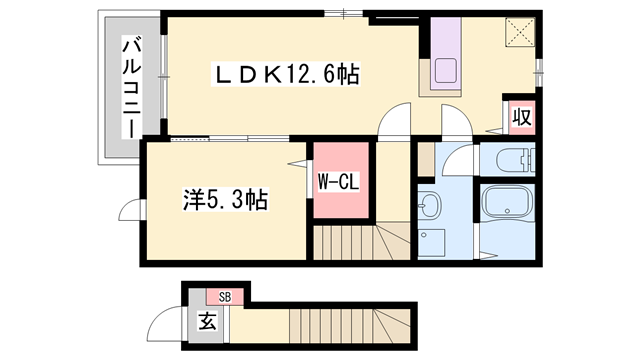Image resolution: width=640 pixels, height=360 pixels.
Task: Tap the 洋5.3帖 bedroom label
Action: coord(225,200)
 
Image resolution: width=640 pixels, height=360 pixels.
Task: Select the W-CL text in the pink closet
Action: coord(341,182)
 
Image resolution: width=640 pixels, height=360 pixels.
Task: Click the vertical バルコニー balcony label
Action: coord(131,88)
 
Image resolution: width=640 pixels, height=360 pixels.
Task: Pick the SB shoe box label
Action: coord(224,297)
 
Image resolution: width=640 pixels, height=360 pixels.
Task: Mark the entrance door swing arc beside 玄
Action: coord(159,325)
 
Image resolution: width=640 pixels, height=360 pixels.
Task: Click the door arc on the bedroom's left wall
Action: coord(131,211)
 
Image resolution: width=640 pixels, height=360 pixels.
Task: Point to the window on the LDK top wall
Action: coord(344,14)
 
